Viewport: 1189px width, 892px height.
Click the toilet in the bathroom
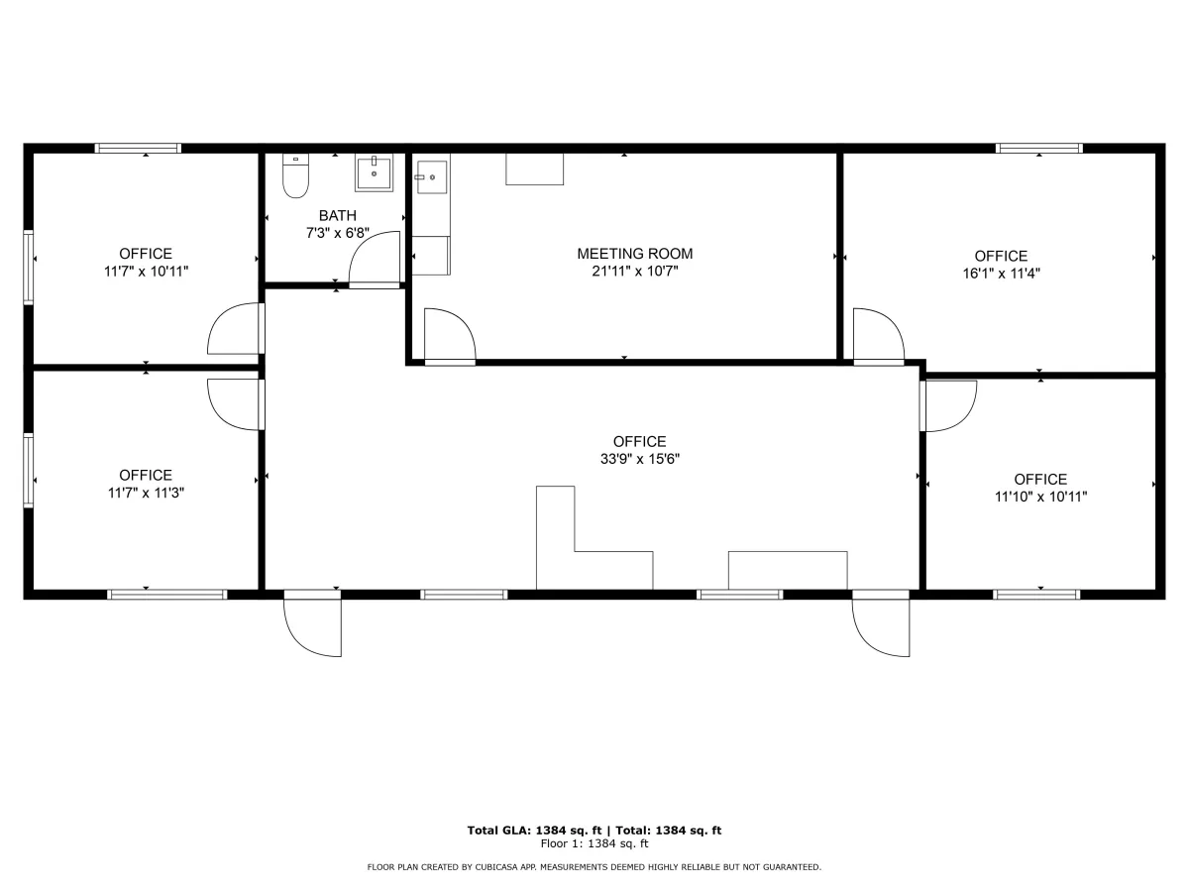pyautogui.click(x=295, y=175)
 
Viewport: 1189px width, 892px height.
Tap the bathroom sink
pyautogui.click(x=374, y=172)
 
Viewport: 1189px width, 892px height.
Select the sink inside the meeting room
pyautogui.click(x=432, y=176)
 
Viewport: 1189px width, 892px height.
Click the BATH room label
pyautogui.click(x=338, y=215)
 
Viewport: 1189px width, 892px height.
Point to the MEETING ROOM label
pyautogui.click(x=635, y=254)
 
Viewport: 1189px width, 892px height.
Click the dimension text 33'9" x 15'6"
pyautogui.click(x=640, y=459)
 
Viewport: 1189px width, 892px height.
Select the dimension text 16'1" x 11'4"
pyautogui.click(x=1001, y=274)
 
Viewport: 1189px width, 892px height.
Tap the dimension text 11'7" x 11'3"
pyautogui.click(x=146, y=493)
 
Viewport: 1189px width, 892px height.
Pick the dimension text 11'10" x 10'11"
pyautogui.click(x=1040, y=497)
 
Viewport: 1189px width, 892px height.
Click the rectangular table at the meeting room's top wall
pyautogui.click(x=535, y=168)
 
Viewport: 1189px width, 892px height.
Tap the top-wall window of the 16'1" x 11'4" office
pyautogui.click(x=1039, y=149)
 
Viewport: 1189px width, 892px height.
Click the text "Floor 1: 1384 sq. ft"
pyautogui.click(x=594, y=843)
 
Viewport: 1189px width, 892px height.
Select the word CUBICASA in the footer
pyautogui.click(x=496, y=867)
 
